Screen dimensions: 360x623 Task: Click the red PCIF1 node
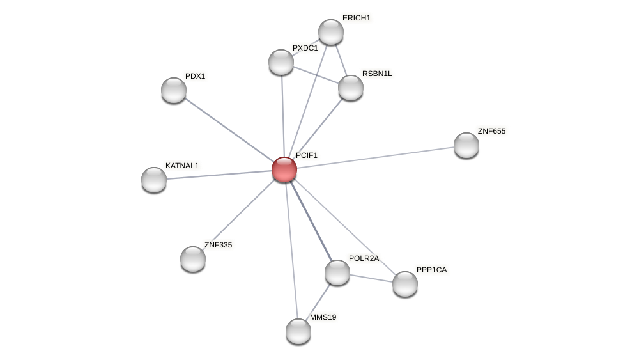pyautogui.click(x=284, y=169)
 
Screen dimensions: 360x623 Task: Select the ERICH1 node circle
pyautogui.click(x=331, y=32)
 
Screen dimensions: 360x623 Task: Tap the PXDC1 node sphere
pyautogui.click(x=281, y=62)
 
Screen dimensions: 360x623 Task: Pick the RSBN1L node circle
pyautogui.click(x=351, y=88)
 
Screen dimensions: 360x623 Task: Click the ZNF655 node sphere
pyautogui.click(x=466, y=145)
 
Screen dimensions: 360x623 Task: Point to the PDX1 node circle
pyautogui.click(x=174, y=90)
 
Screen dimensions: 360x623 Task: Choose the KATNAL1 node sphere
pyautogui.click(x=154, y=180)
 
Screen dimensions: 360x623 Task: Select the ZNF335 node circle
pyautogui.click(x=193, y=259)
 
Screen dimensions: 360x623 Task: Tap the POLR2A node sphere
pyautogui.click(x=337, y=272)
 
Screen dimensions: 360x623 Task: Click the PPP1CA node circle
pyautogui.click(x=405, y=284)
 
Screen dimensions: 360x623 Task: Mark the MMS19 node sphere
pyautogui.click(x=298, y=331)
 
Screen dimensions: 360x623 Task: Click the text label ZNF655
pyautogui.click(x=491, y=131)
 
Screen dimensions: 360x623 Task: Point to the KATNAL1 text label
pyautogui.click(x=182, y=166)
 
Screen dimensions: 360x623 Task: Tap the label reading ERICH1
pyautogui.click(x=356, y=18)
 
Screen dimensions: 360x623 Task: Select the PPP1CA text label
pyautogui.click(x=431, y=270)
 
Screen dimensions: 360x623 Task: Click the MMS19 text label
pyautogui.click(x=323, y=317)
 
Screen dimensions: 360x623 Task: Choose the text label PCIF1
pyautogui.click(x=306, y=155)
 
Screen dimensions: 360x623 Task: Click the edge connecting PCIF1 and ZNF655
pyautogui.click(x=377, y=157)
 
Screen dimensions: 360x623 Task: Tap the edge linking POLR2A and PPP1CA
pyautogui.click(x=371, y=278)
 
